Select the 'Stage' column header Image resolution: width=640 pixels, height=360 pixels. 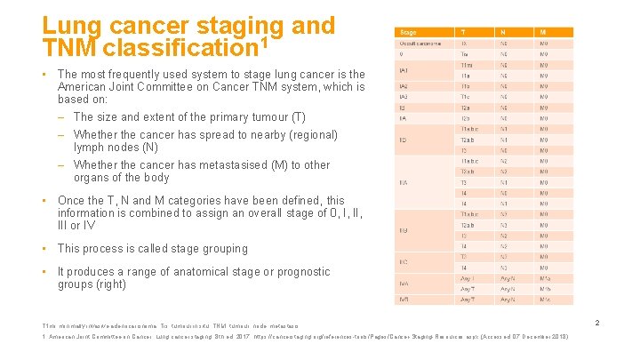pyautogui.click(x=408, y=32)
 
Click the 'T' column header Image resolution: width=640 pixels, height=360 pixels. pyautogui.click(x=463, y=32)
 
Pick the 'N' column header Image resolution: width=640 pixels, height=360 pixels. pyautogui.click(x=504, y=32)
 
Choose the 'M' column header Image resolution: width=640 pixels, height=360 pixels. pyautogui.click(x=544, y=32)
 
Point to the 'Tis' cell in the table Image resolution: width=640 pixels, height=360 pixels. pyautogui.click(x=464, y=54)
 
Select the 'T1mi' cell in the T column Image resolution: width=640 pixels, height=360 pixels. pyautogui.click(x=467, y=65)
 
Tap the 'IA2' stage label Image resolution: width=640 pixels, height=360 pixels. pyautogui.click(x=404, y=86)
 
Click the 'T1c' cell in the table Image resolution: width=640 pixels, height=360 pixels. pyautogui.click(x=465, y=97)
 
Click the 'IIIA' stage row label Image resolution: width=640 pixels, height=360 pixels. pyautogui.click(x=404, y=182)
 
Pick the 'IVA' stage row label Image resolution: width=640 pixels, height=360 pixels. pyautogui.click(x=404, y=284)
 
